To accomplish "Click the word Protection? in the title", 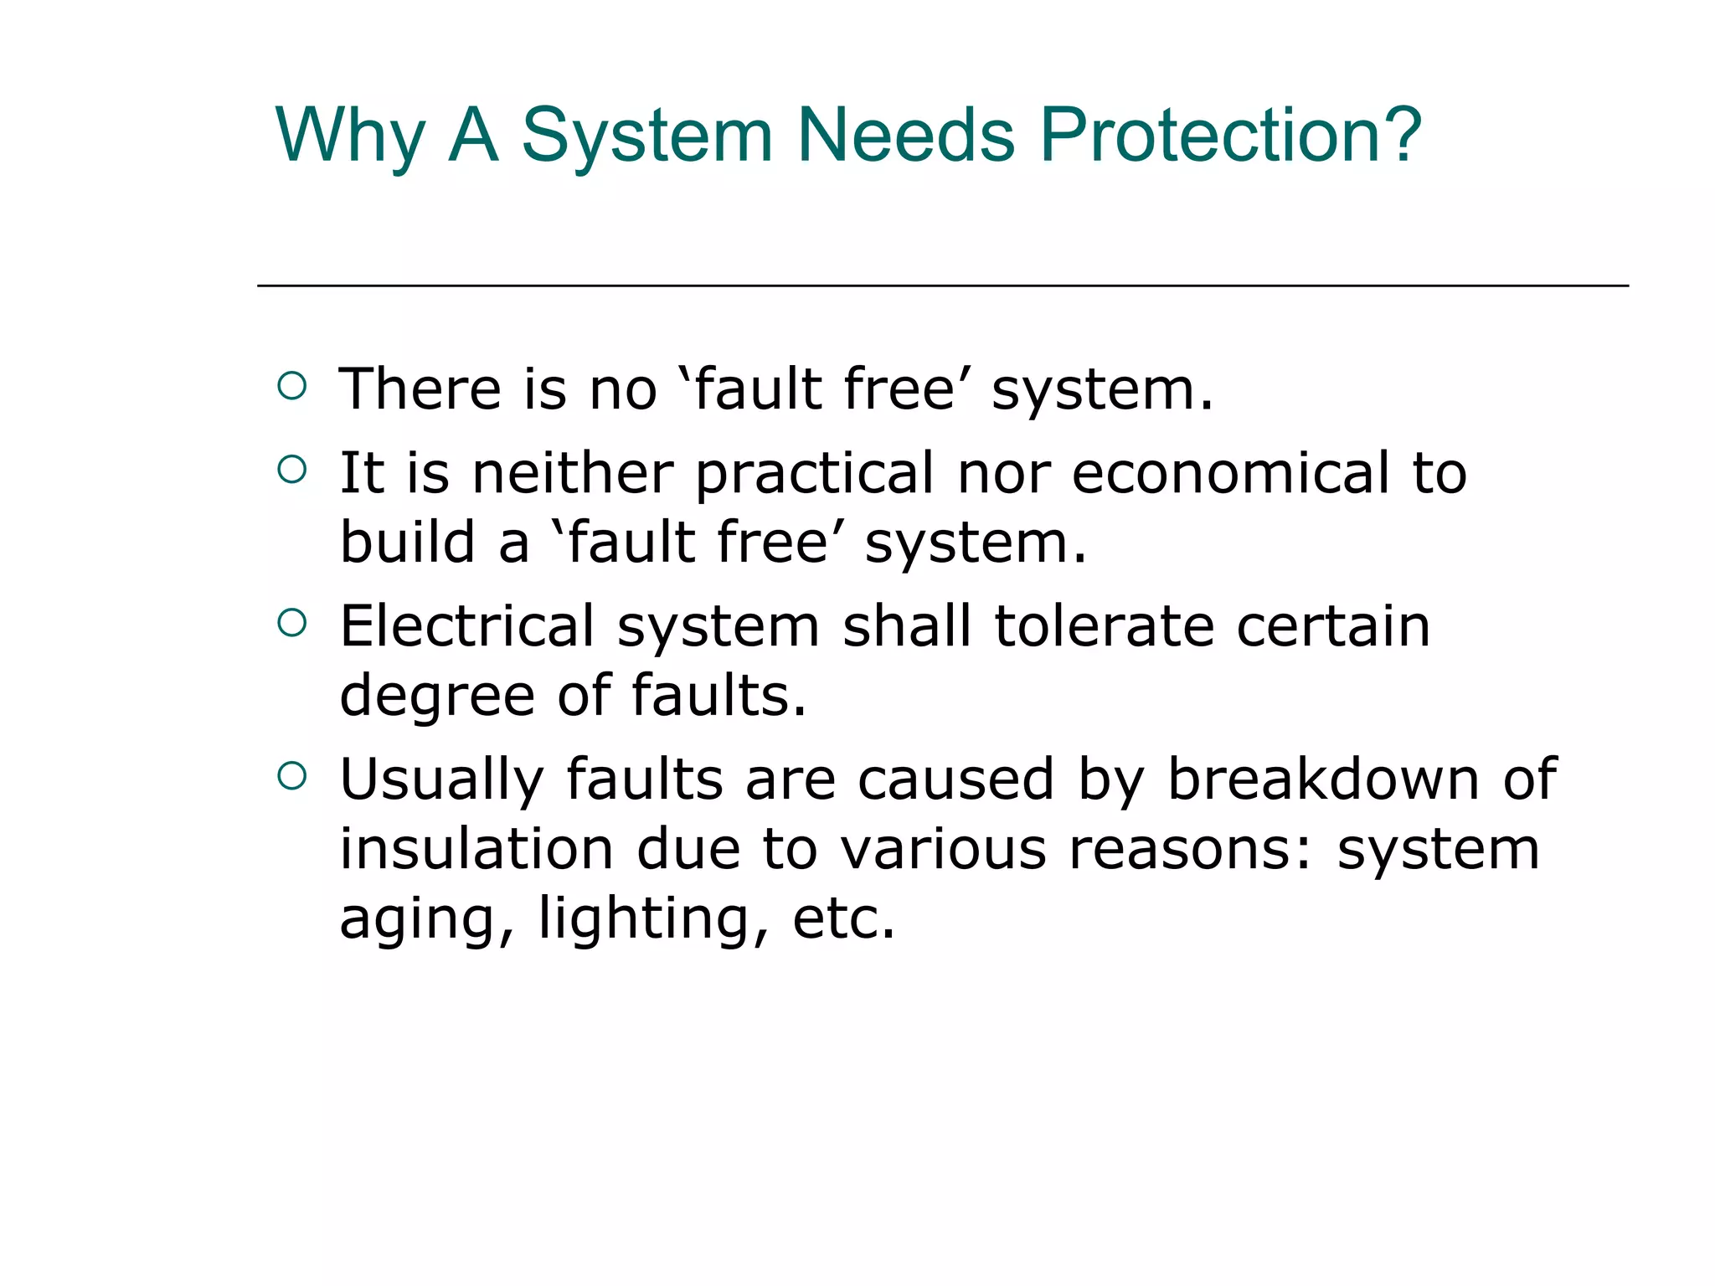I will [x=1230, y=136].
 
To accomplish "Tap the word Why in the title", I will [x=350, y=136].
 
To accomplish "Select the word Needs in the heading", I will [x=906, y=136].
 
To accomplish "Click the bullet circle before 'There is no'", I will [x=291, y=386].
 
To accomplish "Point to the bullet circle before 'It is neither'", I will [x=291, y=470].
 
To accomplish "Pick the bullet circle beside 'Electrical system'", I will [x=291, y=623].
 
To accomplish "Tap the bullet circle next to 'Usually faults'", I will [x=291, y=776].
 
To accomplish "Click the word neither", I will [x=573, y=473].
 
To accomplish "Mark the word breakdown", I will [x=1324, y=779].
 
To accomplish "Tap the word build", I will [x=408, y=543].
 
